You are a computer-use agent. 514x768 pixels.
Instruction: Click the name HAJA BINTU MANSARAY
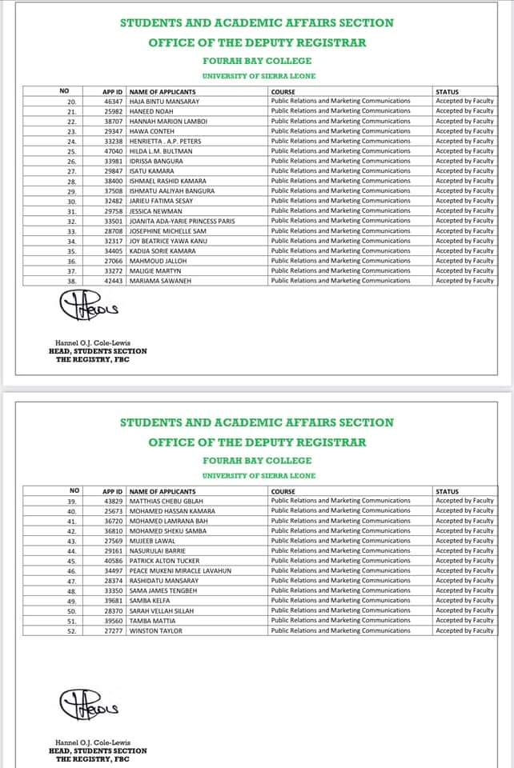point(163,101)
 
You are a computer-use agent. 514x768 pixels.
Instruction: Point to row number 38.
point(70,281)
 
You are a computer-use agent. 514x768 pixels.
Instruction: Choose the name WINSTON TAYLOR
point(156,630)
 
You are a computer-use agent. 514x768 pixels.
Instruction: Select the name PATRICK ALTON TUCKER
point(164,561)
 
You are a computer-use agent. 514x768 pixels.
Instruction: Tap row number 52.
point(70,630)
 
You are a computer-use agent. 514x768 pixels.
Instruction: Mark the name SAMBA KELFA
point(151,601)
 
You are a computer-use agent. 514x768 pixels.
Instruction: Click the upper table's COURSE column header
point(283,91)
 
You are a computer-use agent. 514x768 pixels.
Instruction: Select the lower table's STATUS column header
point(447,491)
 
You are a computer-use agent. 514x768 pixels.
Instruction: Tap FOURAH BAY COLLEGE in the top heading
point(257,61)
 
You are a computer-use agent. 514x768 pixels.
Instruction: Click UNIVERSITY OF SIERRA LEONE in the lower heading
point(257,476)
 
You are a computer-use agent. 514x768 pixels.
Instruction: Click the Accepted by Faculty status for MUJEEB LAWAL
point(464,541)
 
